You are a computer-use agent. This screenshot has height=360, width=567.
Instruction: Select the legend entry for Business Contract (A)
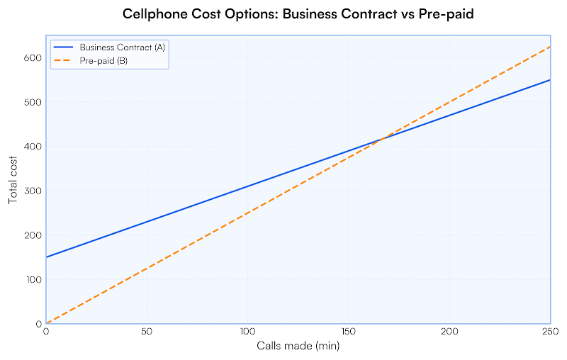click(123, 47)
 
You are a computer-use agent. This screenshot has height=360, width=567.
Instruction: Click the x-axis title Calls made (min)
click(298, 346)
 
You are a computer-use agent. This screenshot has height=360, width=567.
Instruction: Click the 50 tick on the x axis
click(147, 332)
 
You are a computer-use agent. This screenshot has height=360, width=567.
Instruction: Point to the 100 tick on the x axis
click(247, 332)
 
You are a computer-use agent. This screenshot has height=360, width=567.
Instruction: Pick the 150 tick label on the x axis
click(349, 332)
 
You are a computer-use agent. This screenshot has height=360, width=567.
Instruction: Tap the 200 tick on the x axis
click(449, 332)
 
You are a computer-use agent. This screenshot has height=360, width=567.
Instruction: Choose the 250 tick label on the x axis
click(550, 332)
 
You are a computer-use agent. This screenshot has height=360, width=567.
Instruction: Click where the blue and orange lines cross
click(383, 139)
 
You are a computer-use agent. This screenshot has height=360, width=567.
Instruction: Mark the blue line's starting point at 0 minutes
click(46, 257)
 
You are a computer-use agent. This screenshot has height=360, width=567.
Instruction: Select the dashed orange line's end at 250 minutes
click(550, 47)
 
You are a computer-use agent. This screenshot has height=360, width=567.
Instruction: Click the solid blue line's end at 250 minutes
click(550, 80)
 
